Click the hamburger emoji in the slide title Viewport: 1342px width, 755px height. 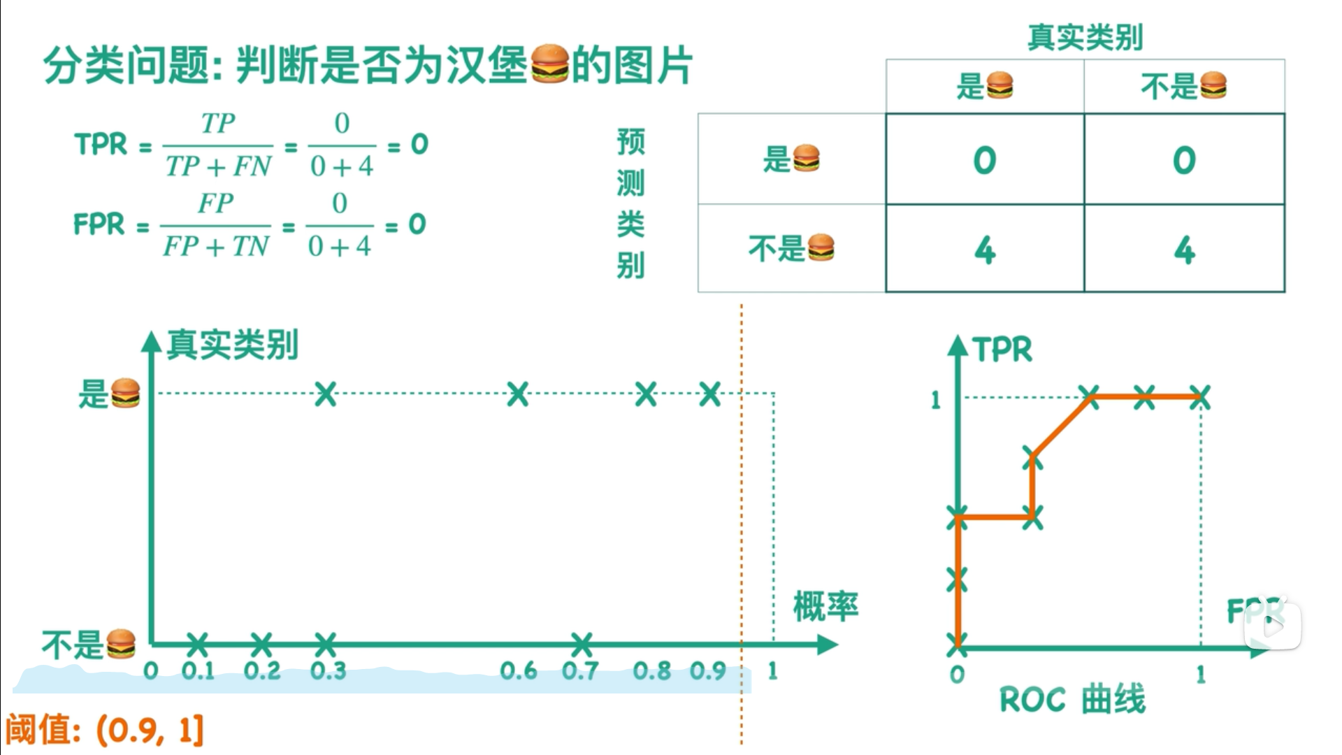click(550, 64)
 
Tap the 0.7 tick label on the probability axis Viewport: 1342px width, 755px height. click(580, 671)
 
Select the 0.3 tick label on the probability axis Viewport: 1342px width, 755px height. click(328, 671)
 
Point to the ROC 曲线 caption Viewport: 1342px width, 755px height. click(1072, 700)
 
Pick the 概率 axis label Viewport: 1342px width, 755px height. click(825, 606)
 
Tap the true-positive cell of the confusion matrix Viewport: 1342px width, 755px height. click(984, 160)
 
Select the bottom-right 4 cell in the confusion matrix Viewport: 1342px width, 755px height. click(1184, 250)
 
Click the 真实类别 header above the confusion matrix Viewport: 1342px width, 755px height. click(1085, 37)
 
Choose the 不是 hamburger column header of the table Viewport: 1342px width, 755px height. click(1183, 86)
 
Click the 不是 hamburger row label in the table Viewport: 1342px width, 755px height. click(791, 248)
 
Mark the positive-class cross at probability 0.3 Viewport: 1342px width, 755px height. click(326, 394)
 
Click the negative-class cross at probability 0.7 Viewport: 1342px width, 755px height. click(581, 643)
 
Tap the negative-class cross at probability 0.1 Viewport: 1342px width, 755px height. click(198, 643)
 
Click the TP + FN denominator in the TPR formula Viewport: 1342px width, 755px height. click(218, 167)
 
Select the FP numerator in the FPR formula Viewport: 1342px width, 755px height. click(215, 203)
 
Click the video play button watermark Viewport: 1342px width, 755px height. click(1272, 626)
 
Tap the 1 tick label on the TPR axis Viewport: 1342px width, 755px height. click(936, 401)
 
